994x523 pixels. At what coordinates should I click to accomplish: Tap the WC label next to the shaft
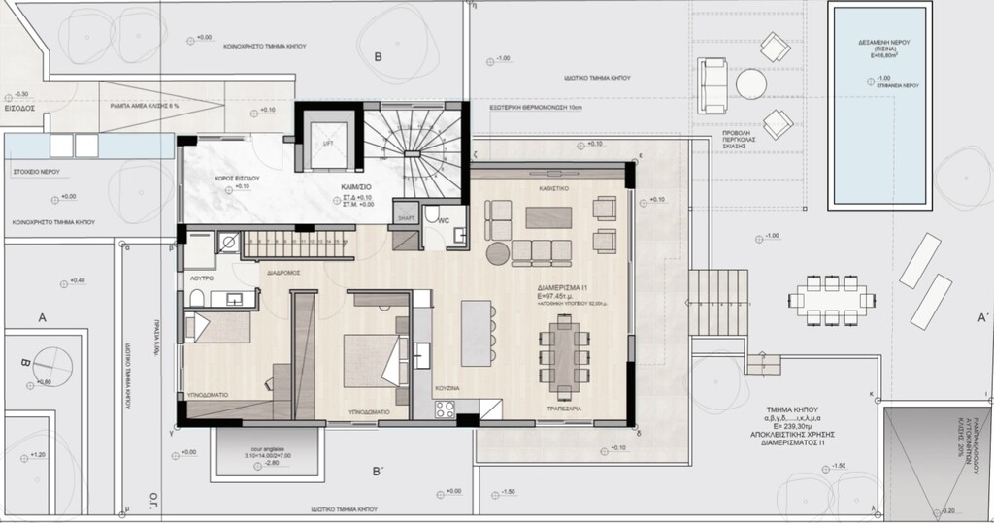pyautogui.click(x=443, y=220)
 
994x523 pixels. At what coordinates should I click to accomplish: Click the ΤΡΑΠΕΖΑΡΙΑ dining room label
pyautogui.click(x=559, y=410)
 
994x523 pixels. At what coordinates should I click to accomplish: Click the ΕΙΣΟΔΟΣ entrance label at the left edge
pyautogui.click(x=19, y=109)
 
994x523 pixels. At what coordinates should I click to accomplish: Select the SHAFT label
pyautogui.click(x=406, y=219)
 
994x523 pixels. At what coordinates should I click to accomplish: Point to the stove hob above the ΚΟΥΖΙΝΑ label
pyautogui.click(x=446, y=409)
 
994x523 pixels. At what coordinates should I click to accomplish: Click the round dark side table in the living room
pyautogui.click(x=497, y=253)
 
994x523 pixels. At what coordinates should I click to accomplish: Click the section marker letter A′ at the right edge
pyautogui.click(x=983, y=317)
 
